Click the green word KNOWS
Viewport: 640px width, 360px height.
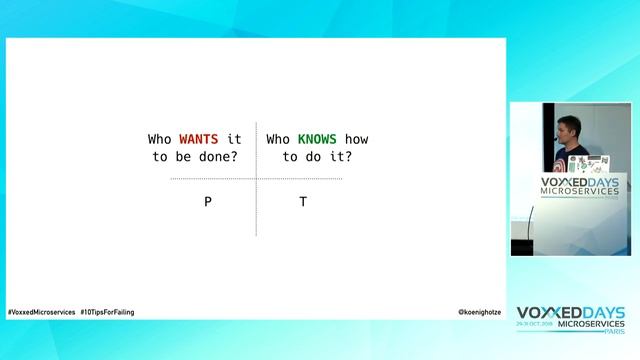click(317, 139)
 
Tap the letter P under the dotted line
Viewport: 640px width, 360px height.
click(208, 202)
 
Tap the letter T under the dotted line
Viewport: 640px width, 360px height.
click(303, 202)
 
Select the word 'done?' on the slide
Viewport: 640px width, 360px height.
click(221, 157)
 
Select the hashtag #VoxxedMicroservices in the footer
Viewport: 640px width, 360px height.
click(42, 312)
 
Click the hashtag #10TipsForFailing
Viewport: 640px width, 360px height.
click(107, 312)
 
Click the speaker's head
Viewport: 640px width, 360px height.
click(561, 130)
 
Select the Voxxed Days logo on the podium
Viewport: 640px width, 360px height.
click(579, 188)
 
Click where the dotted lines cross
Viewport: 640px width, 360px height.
click(256, 179)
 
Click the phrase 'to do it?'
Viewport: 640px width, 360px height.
click(317, 157)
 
